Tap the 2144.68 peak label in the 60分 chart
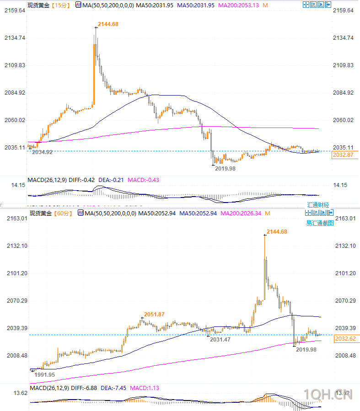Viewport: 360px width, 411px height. [277, 232]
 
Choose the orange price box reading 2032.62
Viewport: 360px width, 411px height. [346, 339]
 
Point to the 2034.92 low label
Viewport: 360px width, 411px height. [42, 152]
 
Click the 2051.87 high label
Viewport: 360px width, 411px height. [154, 314]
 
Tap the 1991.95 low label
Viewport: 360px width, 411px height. [45, 374]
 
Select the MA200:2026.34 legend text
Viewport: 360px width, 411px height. [242, 214]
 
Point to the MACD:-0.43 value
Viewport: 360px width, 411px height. [144, 180]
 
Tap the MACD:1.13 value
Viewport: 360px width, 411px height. [145, 388]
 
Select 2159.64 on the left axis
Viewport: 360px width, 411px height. [15, 11]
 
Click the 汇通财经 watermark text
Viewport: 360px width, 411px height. [318, 205]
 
